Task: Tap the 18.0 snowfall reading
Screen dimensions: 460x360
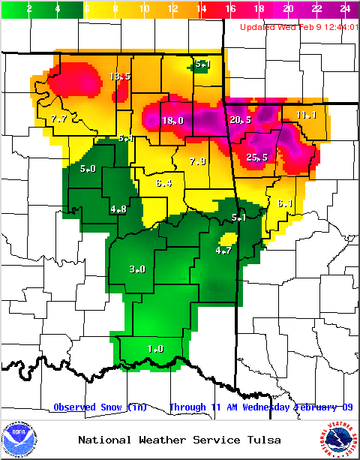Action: click(173, 120)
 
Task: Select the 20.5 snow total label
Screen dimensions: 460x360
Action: click(241, 120)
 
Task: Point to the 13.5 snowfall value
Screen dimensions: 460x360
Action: click(120, 77)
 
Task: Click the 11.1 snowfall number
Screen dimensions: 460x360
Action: click(306, 115)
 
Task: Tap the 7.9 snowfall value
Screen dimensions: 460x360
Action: click(197, 161)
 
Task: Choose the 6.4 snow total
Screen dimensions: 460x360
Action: click(164, 183)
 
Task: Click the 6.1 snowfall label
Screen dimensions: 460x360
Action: click(284, 203)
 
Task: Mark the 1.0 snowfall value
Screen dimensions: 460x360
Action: click(155, 348)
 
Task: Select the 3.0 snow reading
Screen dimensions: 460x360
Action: click(137, 269)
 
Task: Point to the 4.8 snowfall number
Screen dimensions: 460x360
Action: click(118, 209)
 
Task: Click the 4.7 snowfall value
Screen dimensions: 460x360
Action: click(223, 251)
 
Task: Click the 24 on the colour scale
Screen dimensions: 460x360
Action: click(345, 9)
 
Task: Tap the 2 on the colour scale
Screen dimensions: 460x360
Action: click(29, 9)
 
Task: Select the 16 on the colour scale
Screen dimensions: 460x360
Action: click(230, 9)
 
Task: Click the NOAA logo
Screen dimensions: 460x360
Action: click(19, 439)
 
